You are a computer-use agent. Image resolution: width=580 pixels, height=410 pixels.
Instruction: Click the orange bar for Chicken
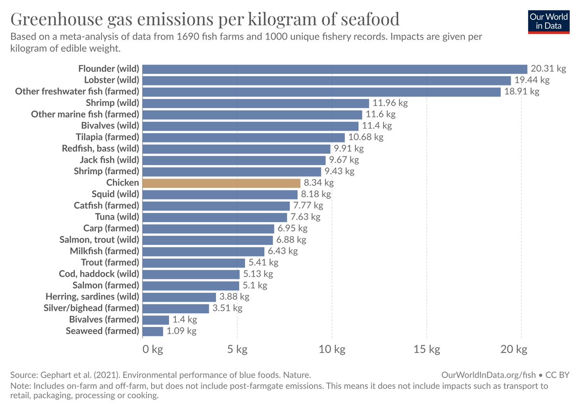tap(221, 183)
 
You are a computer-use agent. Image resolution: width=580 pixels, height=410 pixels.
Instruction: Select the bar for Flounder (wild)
tap(334, 69)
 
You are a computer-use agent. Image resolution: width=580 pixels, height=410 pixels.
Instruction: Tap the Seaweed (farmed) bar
tap(153, 331)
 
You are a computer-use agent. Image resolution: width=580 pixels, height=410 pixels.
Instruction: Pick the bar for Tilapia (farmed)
tap(244, 137)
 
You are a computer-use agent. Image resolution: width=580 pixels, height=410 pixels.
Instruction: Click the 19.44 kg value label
tap(532, 80)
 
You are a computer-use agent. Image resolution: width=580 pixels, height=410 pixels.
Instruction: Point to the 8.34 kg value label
tap(318, 183)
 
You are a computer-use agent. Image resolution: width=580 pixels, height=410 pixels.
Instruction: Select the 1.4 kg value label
tap(185, 319)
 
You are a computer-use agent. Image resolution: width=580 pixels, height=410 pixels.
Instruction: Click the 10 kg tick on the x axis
tap(332, 349)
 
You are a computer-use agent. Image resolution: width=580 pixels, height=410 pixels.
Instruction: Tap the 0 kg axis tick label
tap(153, 349)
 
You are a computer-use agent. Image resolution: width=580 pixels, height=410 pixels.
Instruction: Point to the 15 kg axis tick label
tap(427, 349)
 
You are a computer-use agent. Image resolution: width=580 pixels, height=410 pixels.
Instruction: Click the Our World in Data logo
tap(549, 21)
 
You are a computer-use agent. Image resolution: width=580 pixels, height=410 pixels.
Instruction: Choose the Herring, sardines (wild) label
tap(92, 297)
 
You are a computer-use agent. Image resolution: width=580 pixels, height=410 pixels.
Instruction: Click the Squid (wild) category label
tap(116, 194)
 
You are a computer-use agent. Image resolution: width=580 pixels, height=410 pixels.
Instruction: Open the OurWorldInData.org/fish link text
tap(489, 375)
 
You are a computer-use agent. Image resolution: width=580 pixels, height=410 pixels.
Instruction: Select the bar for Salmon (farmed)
tap(191, 286)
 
